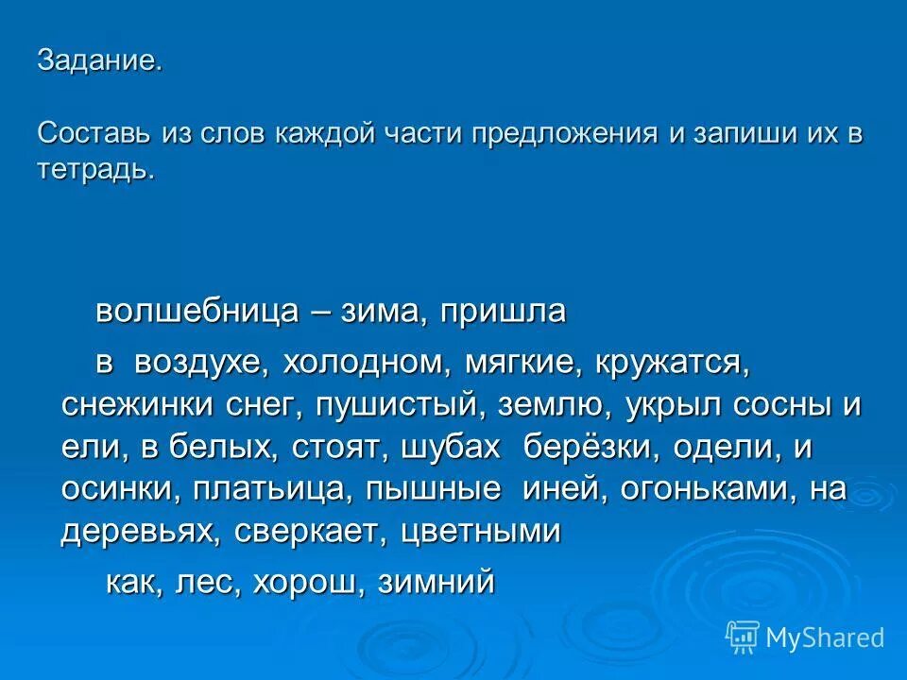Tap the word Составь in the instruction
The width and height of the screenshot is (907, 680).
coord(92,132)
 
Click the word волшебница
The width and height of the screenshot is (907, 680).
coord(196,311)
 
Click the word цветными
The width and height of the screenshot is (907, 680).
coord(482,532)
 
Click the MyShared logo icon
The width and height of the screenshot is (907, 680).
coord(743,637)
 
